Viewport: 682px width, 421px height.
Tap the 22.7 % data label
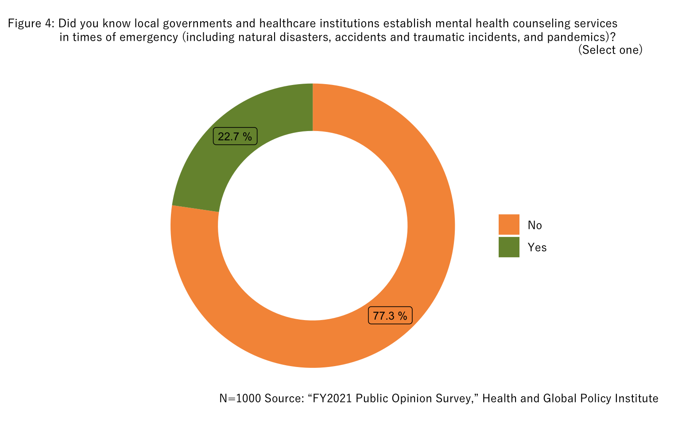235,137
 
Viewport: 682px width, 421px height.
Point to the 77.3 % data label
390,316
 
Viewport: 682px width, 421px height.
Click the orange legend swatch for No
509,224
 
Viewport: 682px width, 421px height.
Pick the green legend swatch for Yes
509,247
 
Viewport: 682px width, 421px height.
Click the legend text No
535,225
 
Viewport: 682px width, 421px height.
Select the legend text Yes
537,247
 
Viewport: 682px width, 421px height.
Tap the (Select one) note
610,50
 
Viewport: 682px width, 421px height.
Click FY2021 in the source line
332,398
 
